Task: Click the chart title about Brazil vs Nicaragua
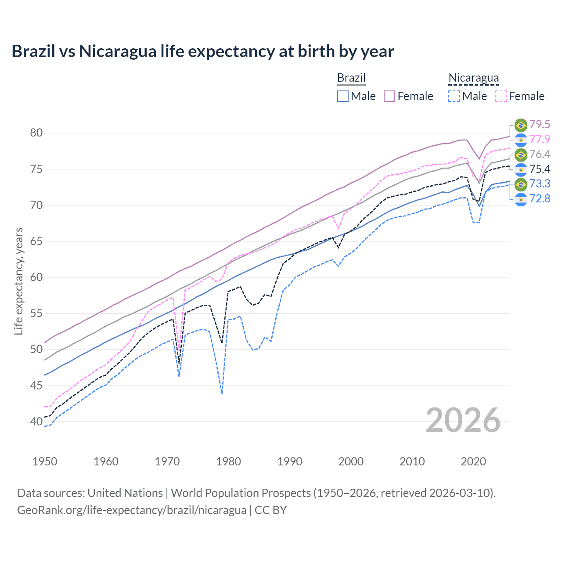tap(202, 51)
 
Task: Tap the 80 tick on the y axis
tap(36, 133)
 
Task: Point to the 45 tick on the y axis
tap(36, 385)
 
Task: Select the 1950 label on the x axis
tap(45, 461)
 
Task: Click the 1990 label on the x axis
tap(290, 461)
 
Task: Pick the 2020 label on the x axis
tap(473, 461)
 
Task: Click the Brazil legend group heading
tap(351, 78)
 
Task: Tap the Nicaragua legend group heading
tap(473, 78)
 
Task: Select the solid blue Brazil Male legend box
tap(343, 96)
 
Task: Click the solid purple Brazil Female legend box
tap(389, 96)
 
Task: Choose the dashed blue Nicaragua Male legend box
tap(454, 96)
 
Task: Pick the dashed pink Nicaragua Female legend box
tap(501, 96)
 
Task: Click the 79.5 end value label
tap(540, 125)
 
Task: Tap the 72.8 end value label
tap(540, 199)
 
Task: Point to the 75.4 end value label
tap(540, 169)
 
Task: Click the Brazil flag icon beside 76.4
tap(521, 155)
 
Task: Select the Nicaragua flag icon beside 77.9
tap(521, 140)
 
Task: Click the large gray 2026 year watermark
tap(463, 420)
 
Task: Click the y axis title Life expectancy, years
tap(18, 281)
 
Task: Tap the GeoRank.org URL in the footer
tap(132, 510)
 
